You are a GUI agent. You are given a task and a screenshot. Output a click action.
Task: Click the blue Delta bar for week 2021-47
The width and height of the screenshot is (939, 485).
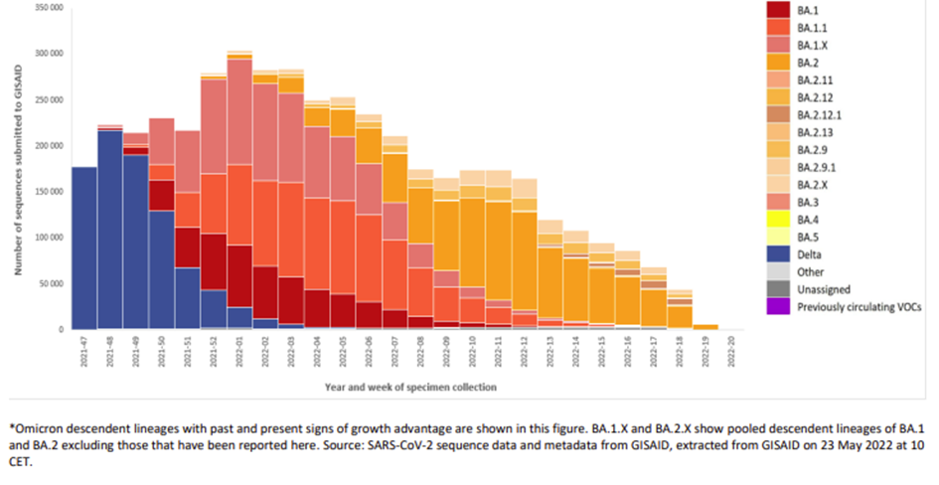pyautogui.click(x=84, y=248)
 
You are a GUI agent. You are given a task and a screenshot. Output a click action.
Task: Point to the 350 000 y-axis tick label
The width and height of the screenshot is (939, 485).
pyautogui.click(x=49, y=8)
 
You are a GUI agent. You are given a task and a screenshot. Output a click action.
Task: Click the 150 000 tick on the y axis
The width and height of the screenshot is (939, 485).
pyautogui.click(x=49, y=192)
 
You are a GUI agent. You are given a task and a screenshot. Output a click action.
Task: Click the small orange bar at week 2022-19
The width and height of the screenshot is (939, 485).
pyautogui.click(x=704, y=326)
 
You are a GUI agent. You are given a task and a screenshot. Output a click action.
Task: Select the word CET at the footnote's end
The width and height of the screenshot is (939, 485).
pyautogui.click(x=18, y=463)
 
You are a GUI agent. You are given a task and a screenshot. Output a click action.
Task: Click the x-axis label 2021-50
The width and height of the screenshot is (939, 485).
pyautogui.click(x=162, y=352)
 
